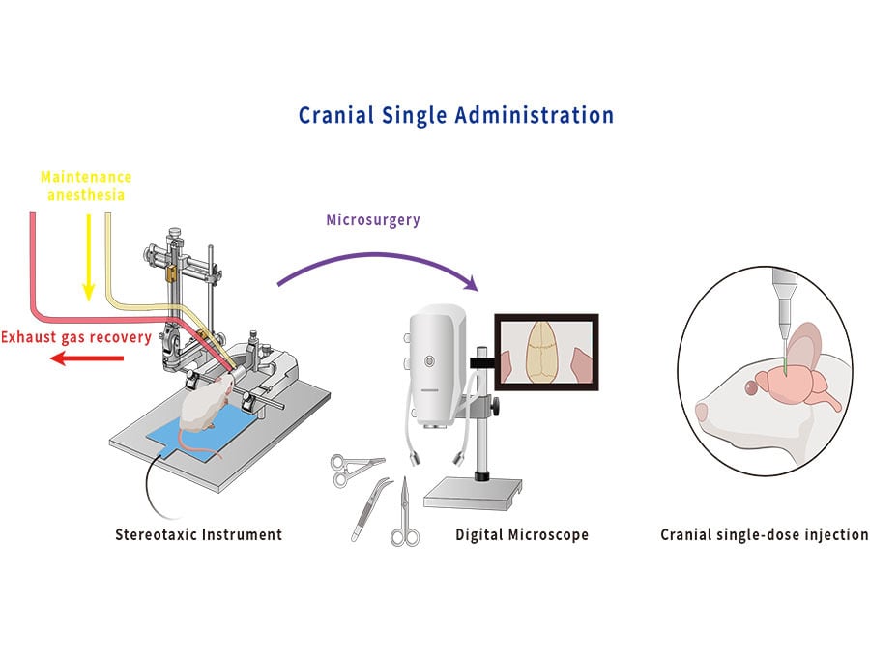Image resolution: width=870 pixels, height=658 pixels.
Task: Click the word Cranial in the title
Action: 335,115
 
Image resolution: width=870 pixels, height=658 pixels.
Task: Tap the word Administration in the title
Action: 535,115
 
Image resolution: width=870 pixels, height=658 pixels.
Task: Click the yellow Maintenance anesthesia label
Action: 86,186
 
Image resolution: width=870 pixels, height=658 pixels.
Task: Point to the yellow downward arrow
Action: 88,257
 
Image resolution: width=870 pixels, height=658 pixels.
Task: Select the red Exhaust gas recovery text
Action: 76,337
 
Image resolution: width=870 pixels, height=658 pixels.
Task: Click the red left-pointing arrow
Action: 87,359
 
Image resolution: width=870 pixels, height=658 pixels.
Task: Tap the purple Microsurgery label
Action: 373,219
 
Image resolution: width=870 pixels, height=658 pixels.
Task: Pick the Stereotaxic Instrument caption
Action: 198,535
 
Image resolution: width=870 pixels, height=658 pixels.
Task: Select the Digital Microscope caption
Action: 522,535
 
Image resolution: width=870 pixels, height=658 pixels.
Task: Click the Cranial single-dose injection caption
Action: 764,535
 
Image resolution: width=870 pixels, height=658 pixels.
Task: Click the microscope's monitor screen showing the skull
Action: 546,353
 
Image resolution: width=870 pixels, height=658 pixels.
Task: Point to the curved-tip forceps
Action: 369,509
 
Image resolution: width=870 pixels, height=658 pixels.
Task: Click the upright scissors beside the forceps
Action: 405,513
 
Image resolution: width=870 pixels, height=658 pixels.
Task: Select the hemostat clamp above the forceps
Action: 354,470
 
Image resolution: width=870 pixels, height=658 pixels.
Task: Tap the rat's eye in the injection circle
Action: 751,387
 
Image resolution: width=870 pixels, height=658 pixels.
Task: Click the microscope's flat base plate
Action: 473,494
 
